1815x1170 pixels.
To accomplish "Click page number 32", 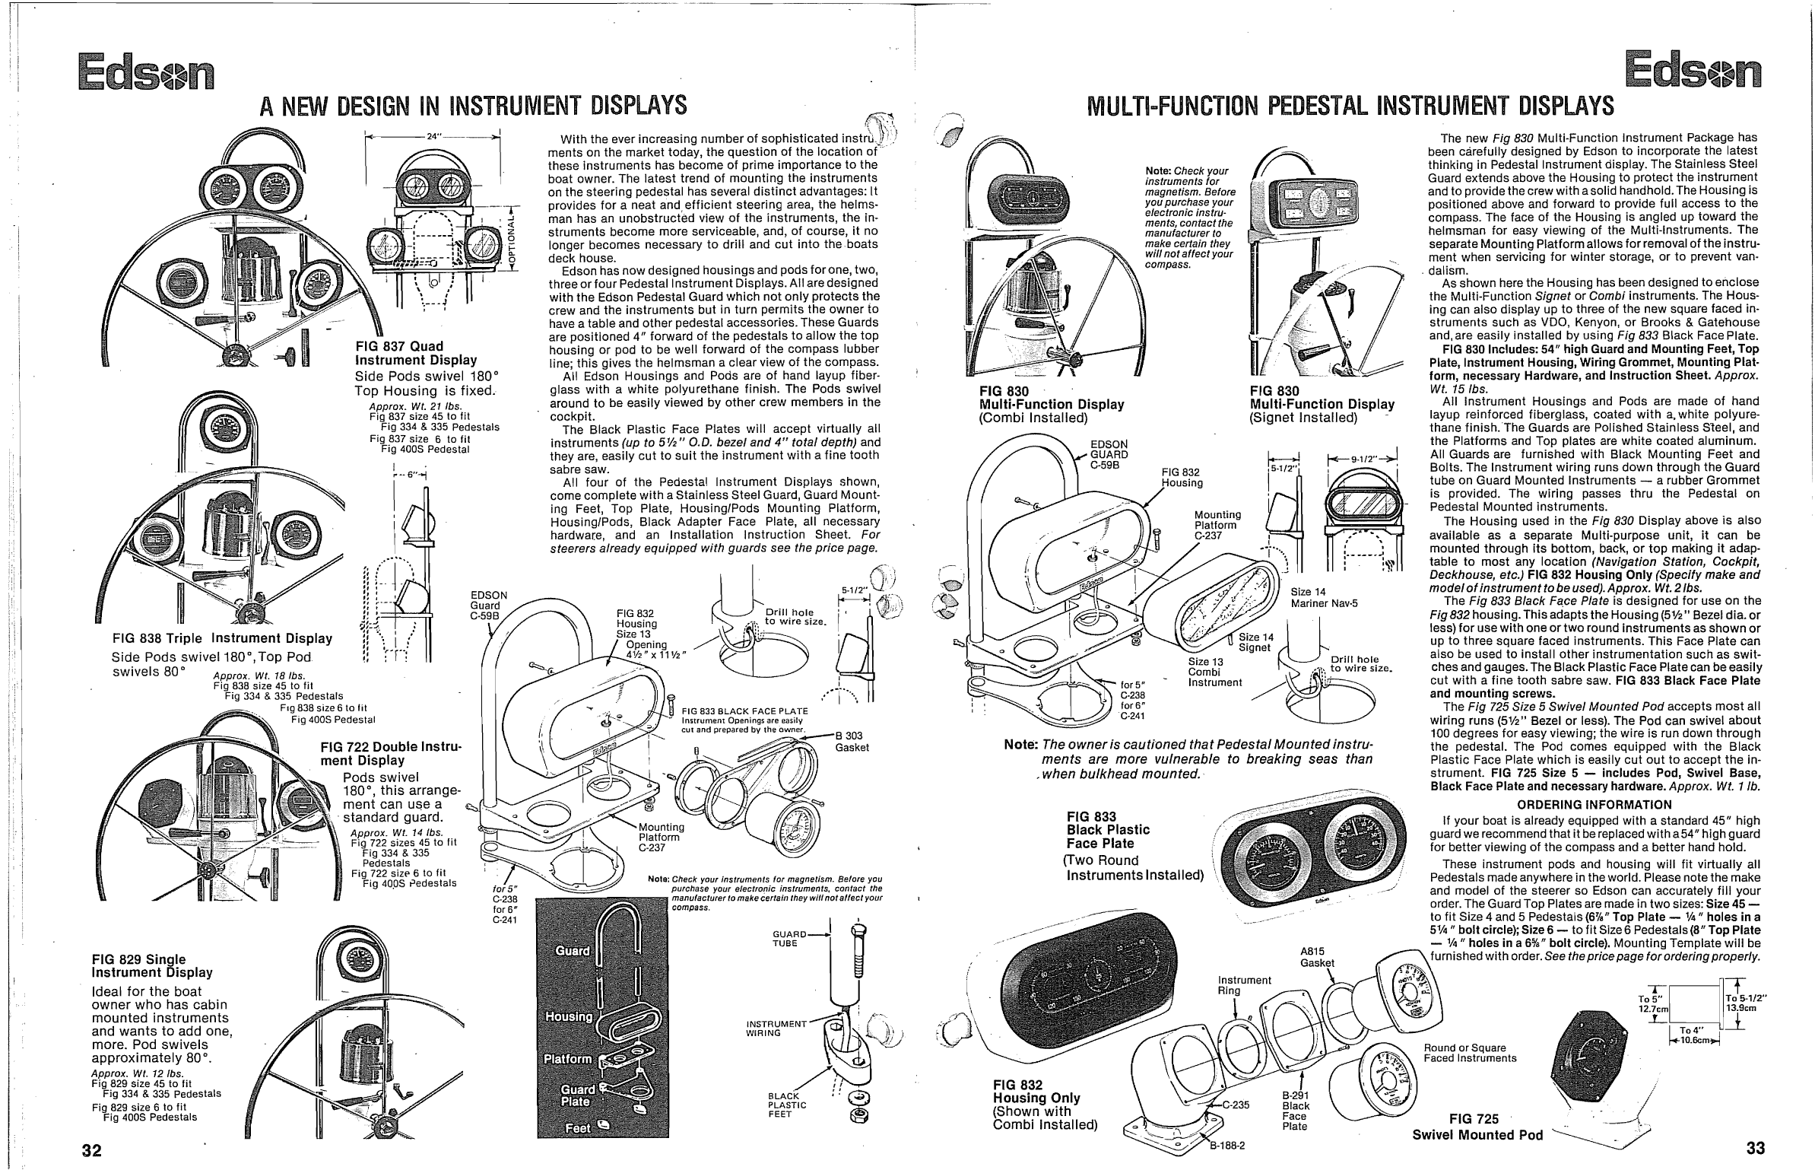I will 91,1149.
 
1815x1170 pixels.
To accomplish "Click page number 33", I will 1755,1147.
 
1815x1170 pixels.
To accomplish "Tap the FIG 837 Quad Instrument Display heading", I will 416,353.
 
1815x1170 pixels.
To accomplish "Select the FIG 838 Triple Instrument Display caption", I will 222,638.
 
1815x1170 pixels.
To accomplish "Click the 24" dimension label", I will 433,137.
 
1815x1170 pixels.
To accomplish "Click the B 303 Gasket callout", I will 851,741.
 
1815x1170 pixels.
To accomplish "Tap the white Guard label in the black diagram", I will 571,951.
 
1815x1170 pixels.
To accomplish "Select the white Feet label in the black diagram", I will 578,1128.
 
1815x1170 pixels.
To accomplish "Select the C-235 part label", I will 1236,1105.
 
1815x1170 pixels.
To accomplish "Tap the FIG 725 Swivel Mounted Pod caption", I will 1477,1127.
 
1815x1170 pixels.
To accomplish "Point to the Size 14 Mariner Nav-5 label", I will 1324,597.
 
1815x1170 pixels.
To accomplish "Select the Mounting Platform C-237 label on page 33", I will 1217,525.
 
